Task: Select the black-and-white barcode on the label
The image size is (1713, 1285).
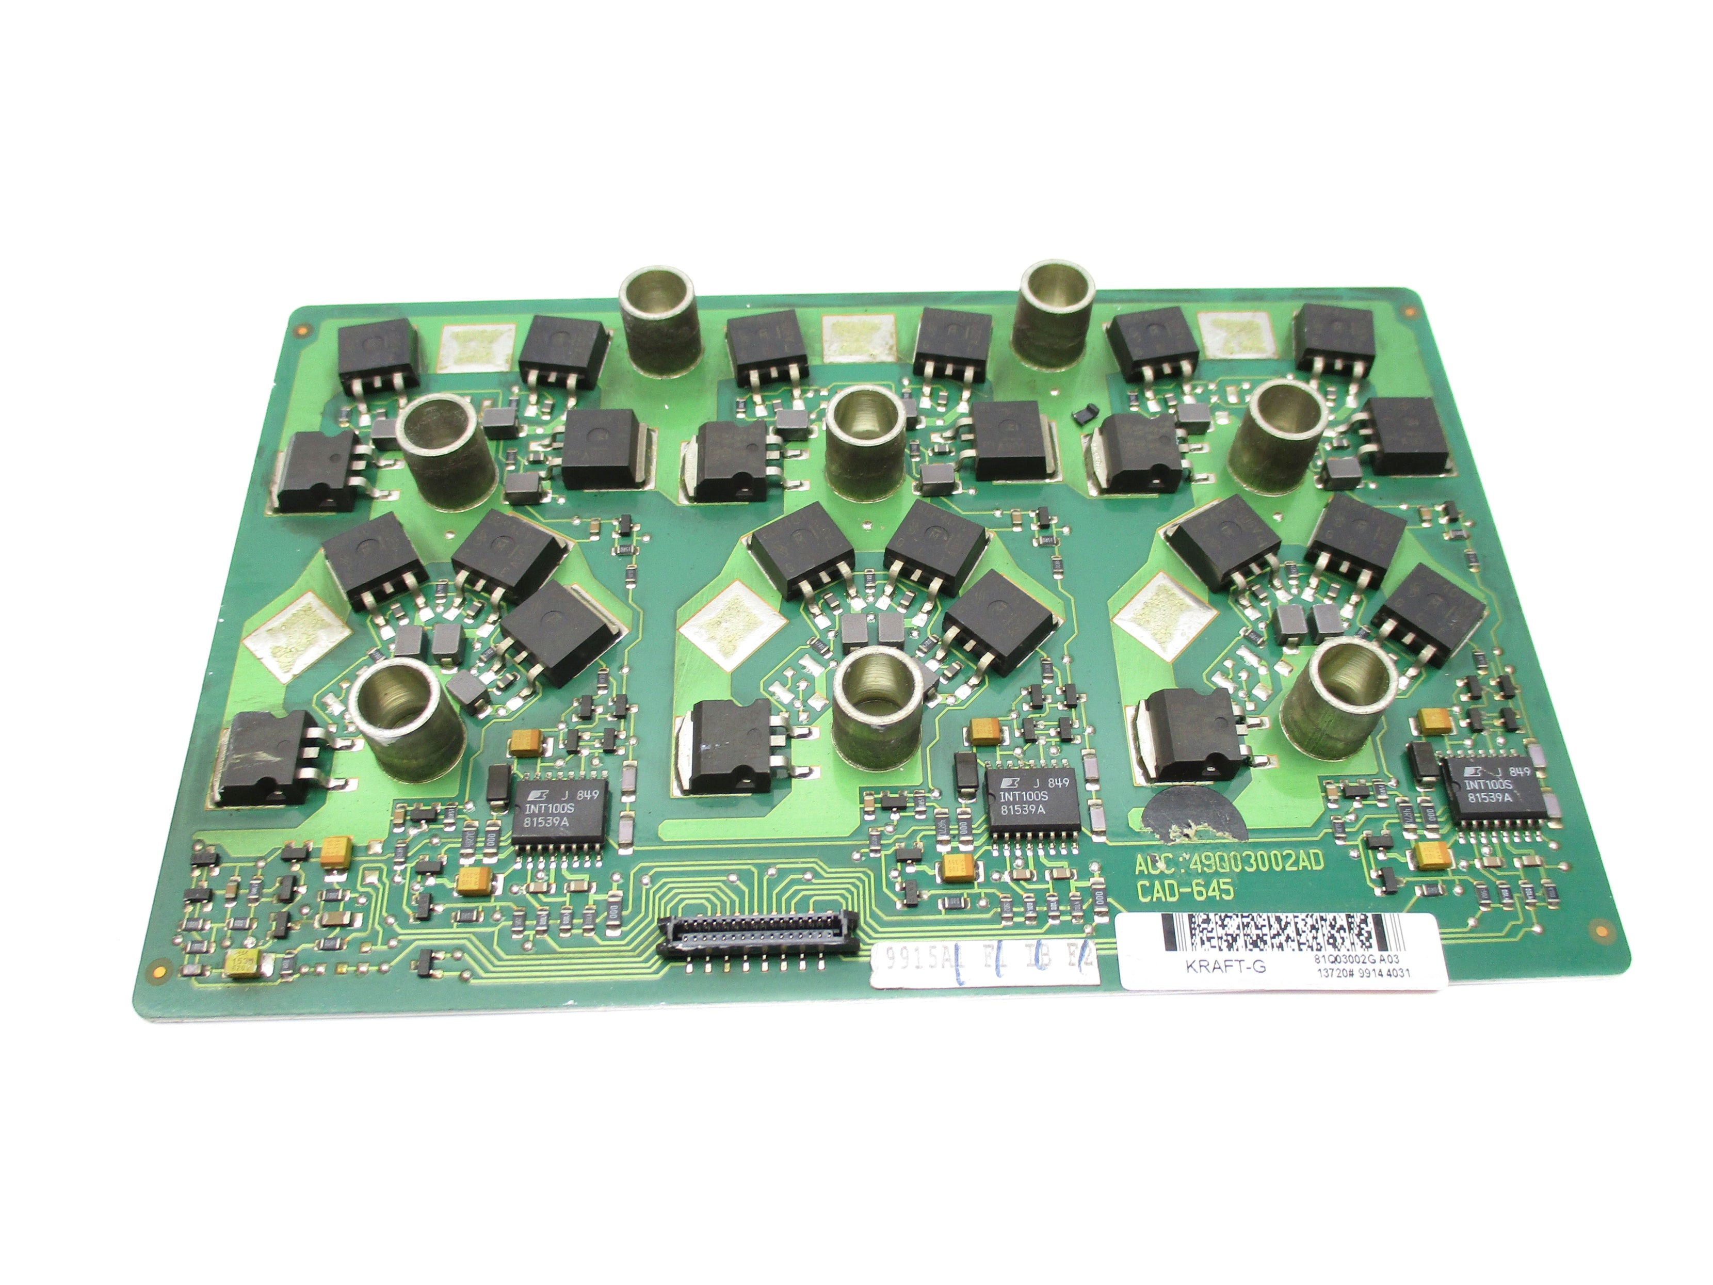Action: click(x=1274, y=933)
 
